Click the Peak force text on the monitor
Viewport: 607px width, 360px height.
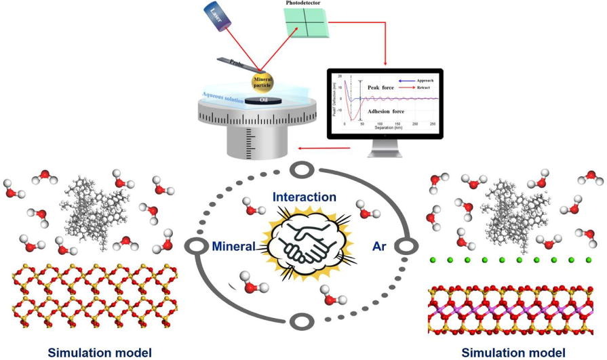pos(382,88)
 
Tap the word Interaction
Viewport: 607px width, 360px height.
pos(304,197)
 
